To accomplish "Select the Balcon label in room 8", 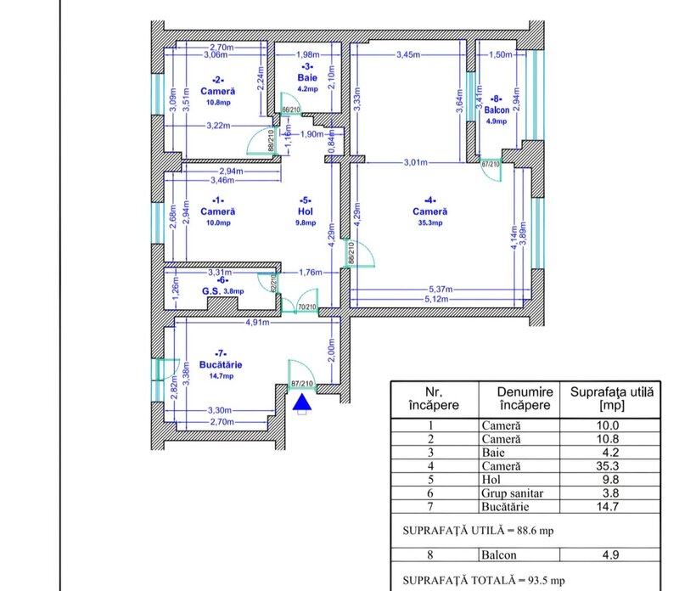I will click(497, 110).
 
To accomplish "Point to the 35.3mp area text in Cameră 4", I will click(430, 222).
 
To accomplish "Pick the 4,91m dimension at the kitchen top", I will click(258, 323).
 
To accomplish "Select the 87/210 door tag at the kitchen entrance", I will click(301, 385).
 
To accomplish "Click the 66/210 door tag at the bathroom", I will click(290, 110).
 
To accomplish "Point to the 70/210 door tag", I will click(306, 307).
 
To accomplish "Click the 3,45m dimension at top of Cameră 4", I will click(410, 55).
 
